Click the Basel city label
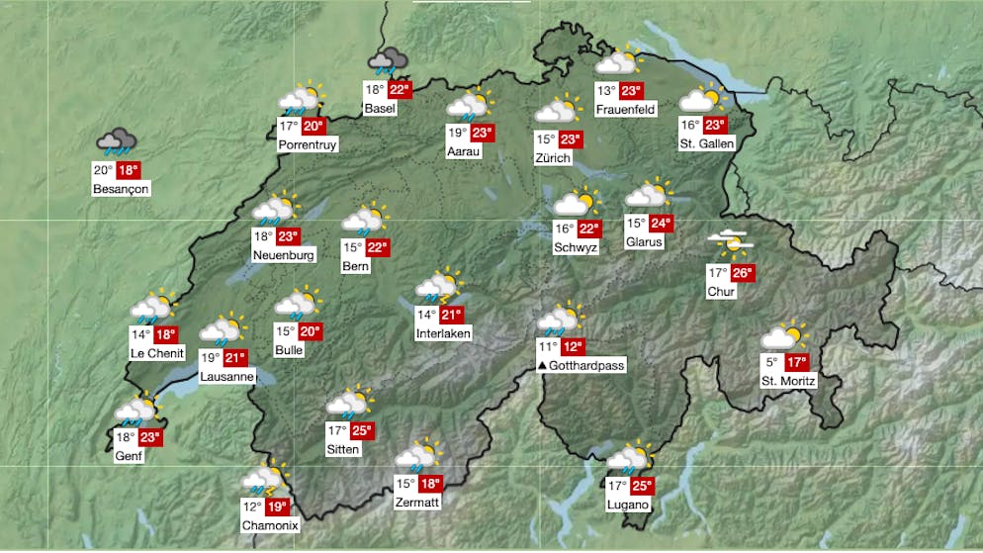[x=379, y=108]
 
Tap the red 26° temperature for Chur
[x=743, y=273]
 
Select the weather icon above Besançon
[x=118, y=143]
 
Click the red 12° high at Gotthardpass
[x=573, y=347]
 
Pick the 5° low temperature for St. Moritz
[x=771, y=362]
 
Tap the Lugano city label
[x=629, y=505]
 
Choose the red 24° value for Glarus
[x=661, y=224]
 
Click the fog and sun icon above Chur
[x=729, y=242]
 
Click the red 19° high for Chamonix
[x=276, y=507]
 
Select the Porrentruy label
[x=308, y=144]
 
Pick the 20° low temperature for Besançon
[x=104, y=170]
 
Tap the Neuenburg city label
[x=284, y=255]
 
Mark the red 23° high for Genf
[x=148, y=437]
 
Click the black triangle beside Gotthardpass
[x=542, y=366]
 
